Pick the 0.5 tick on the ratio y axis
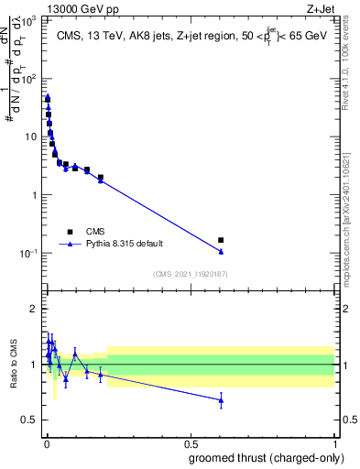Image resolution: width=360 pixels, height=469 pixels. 32,420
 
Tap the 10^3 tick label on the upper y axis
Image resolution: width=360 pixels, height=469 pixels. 30,19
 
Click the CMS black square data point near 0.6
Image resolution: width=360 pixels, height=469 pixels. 221,240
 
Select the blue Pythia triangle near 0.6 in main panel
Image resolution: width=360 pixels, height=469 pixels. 221,251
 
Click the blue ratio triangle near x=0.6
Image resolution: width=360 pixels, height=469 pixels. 221,400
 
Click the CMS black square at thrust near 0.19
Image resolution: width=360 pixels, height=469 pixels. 101,177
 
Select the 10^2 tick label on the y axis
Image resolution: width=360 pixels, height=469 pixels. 30,78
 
